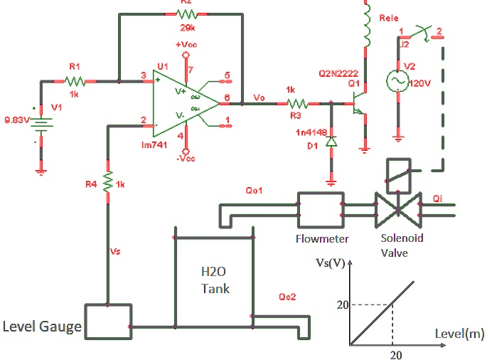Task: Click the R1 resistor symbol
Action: coord(75,80)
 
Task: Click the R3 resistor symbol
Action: coord(292,103)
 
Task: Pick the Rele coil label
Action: coord(390,18)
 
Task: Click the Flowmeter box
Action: coord(320,208)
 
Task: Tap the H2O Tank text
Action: coord(215,280)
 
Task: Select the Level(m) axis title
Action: coord(459,332)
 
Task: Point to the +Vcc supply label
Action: coord(186,44)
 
